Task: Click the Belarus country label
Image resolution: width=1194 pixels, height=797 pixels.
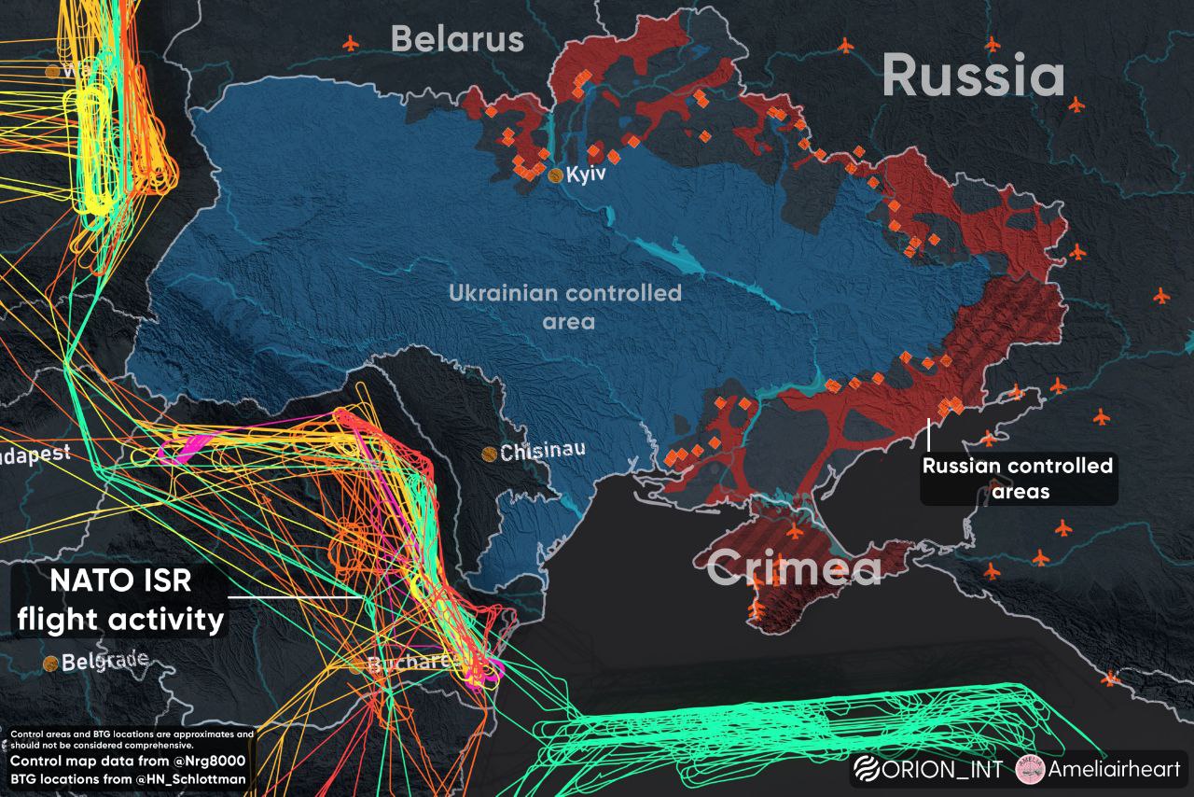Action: coord(457,40)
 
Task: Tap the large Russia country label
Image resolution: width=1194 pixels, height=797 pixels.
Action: coord(973,77)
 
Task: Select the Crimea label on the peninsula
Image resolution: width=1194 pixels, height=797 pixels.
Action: coord(794,568)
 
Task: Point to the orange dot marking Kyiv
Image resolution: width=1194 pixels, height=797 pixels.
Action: coord(555,175)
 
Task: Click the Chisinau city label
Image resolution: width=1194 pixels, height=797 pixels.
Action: coord(543,453)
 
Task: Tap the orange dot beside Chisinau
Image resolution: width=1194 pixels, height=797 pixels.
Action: coord(489,454)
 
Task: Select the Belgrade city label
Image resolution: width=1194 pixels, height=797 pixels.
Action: coord(104,661)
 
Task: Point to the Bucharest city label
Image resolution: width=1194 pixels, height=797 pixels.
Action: coord(409,664)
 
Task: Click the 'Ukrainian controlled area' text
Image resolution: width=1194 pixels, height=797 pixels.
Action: coord(565,306)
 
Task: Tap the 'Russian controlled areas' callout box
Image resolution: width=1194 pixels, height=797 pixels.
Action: coord(1018,478)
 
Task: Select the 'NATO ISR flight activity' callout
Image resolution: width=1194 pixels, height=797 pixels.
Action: coord(120,600)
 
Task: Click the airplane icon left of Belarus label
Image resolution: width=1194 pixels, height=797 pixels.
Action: coord(351,43)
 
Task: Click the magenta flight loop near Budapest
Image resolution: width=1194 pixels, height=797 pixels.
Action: coord(184,449)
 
